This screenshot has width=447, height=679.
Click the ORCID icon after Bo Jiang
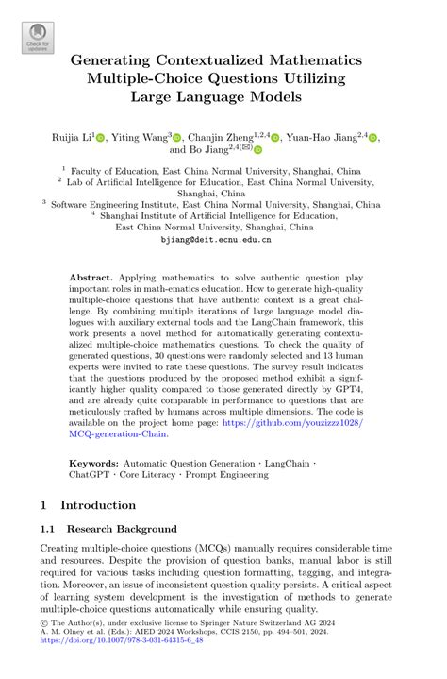pos(257,149)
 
